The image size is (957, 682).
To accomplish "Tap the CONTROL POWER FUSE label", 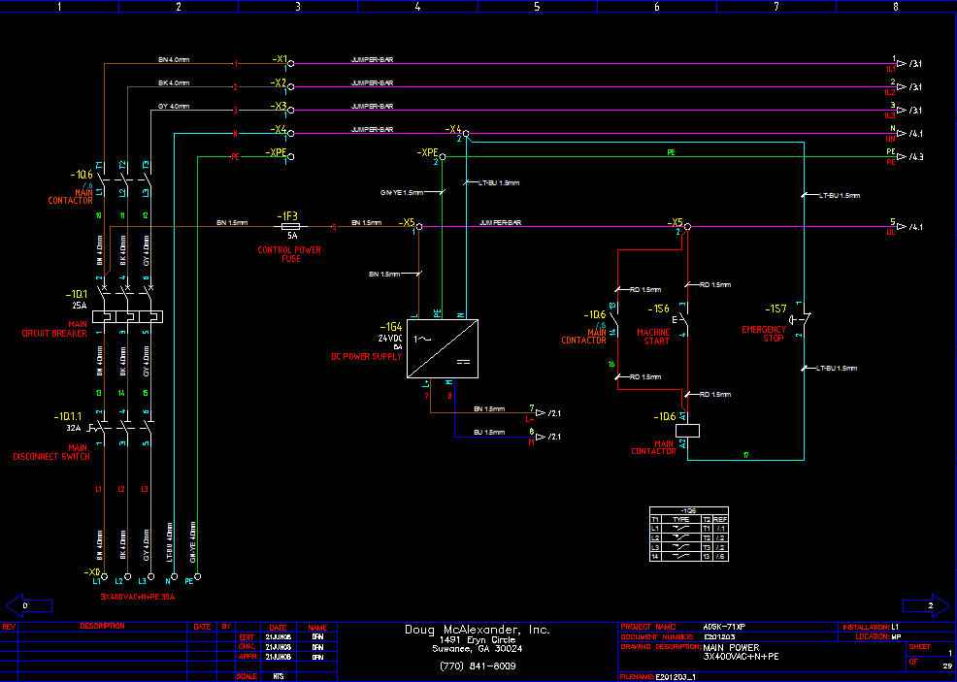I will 288,254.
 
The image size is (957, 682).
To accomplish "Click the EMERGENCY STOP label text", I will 764,334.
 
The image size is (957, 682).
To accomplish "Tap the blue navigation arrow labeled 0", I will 27,604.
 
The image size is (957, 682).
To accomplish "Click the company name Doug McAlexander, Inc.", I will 478,630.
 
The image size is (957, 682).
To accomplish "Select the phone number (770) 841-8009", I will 478,666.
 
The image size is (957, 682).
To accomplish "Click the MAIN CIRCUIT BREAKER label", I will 53,329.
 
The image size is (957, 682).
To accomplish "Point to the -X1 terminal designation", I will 279,59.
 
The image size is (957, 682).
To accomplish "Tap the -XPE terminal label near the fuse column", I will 276,153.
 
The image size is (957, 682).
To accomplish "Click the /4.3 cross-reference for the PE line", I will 916,157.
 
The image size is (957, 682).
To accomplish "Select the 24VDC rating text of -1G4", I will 391,338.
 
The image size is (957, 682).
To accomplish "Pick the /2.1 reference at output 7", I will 554,413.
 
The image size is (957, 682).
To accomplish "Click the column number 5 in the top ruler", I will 536,6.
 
